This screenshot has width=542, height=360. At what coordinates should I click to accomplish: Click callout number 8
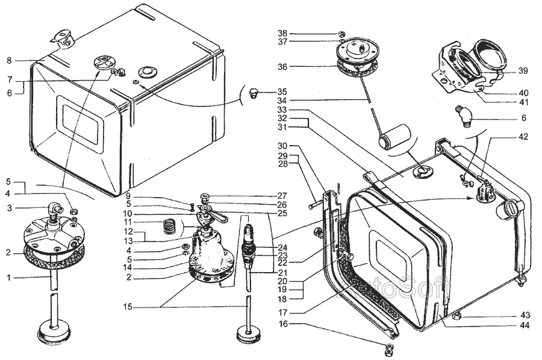coord(9,61)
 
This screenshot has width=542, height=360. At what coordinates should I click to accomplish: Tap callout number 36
coord(282,67)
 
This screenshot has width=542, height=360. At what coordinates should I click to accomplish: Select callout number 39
coord(523,70)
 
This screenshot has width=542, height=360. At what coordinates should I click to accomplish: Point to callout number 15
coord(128,307)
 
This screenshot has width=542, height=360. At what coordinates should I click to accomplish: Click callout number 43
coord(525,316)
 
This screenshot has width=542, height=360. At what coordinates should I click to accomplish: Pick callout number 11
coord(128,222)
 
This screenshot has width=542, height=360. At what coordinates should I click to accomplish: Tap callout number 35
coord(282,92)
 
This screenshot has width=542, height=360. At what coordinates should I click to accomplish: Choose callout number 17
coord(283,313)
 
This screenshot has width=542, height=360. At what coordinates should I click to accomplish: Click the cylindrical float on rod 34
coord(394,137)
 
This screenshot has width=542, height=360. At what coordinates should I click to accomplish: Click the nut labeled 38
coord(341,34)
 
